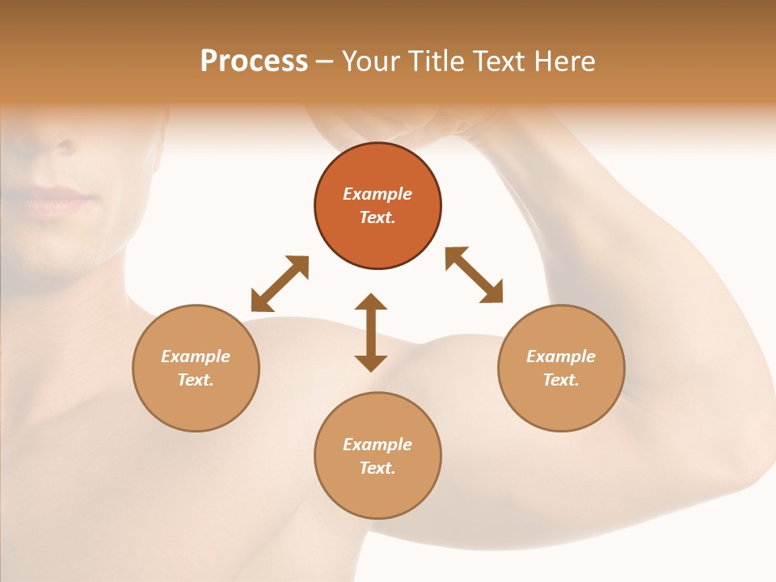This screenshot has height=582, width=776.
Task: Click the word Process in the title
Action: tap(254, 61)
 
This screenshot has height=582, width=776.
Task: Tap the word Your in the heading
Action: tap(371, 61)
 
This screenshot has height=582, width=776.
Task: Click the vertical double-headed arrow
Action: tap(371, 332)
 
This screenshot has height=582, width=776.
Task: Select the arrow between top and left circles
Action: tap(280, 284)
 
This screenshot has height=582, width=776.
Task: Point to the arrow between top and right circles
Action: tap(474, 275)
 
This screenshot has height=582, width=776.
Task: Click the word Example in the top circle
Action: tap(377, 194)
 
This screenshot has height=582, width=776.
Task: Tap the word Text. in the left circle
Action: tap(196, 380)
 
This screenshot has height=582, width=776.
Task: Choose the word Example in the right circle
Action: tap(561, 356)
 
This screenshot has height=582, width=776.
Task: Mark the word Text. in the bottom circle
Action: tap(377, 468)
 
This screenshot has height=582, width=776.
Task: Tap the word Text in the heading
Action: tap(497, 61)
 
